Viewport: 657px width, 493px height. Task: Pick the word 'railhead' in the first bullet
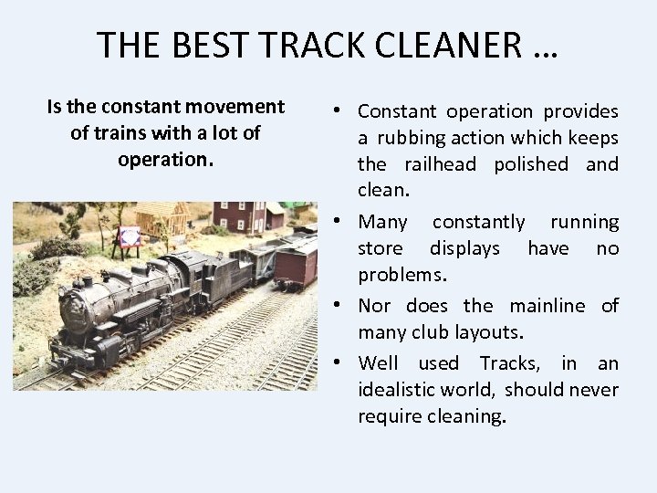(x=440, y=164)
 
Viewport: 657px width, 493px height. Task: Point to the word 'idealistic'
(x=400, y=390)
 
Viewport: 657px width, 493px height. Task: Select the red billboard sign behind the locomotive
(x=130, y=236)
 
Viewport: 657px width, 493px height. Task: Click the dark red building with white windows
(x=239, y=215)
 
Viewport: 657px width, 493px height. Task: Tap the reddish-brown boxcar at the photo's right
(x=297, y=263)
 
